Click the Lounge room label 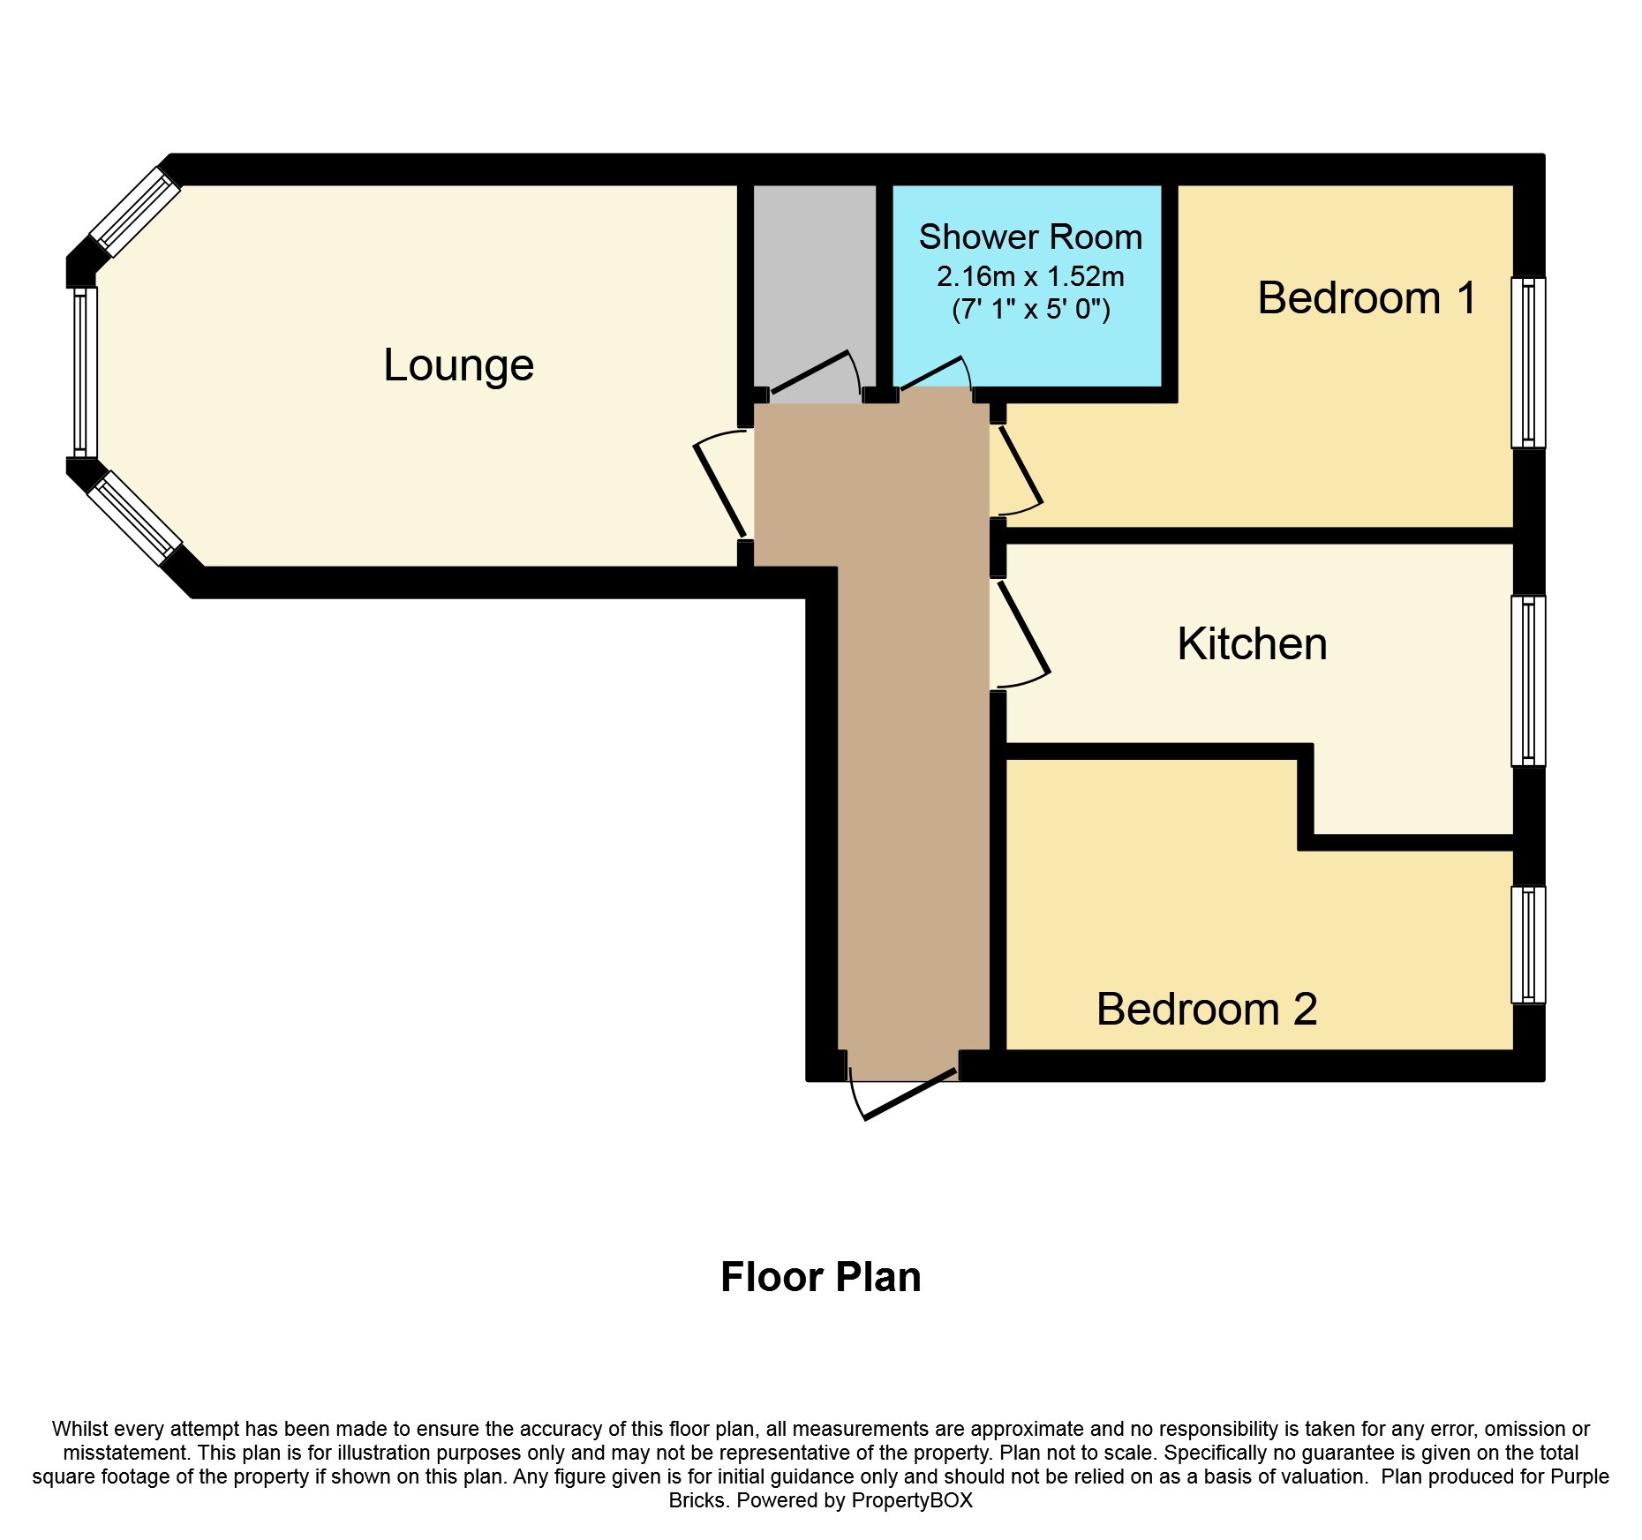coord(458,365)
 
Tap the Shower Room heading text coord(1030,237)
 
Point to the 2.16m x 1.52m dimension coord(1030,277)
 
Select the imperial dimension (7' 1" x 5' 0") coord(1030,309)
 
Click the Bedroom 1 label coord(1367,297)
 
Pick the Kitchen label coord(1252,644)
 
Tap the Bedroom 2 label coord(1207,1009)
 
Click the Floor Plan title coord(821,1277)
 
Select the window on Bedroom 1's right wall coord(1528,363)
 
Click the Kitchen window coord(1528,681)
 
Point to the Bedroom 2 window coord(1528,945)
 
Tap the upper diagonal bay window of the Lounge coord(135,209)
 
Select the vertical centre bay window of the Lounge coord(85,372)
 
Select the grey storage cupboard coord(815,288)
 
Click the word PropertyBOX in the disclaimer coord(912,1500)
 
